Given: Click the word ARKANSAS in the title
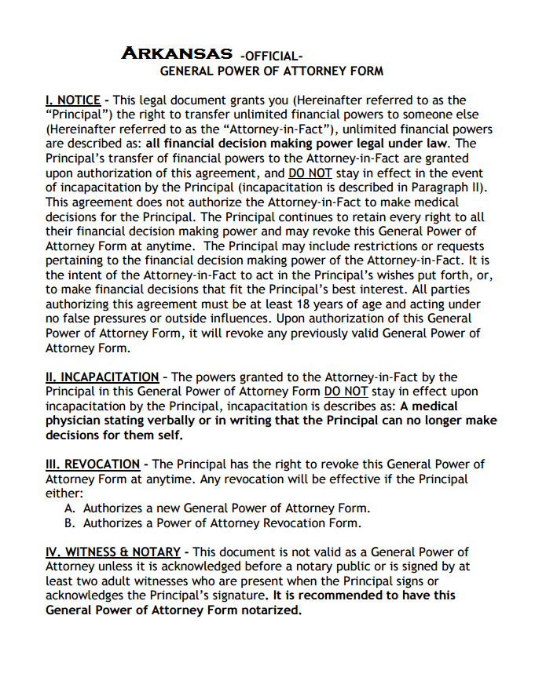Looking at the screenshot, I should tap(177, 54).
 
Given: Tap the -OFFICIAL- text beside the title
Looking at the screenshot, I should tap(271, 56).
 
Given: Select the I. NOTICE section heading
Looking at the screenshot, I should tap(73, 100).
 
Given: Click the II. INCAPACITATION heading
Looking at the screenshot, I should tap(102, 377).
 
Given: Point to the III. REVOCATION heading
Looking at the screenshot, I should tap(93, 464).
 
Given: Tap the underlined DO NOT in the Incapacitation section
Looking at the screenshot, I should tap(344, 391).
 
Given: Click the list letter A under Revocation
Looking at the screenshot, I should tap(69, 508).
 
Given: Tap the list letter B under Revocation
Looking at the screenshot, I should tap(69, 523).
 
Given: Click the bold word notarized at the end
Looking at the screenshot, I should tap(268, 610).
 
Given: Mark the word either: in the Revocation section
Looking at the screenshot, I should tap(64, 493).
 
